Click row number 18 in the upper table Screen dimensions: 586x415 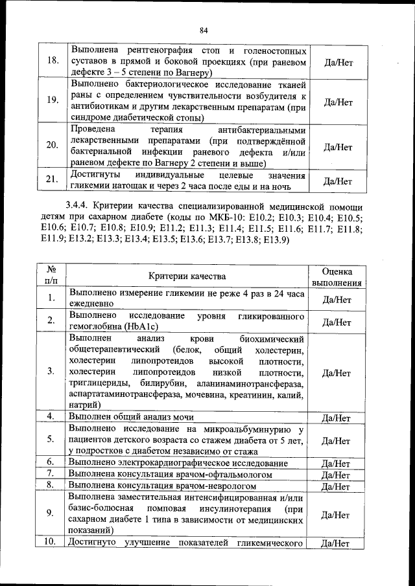point(50,62)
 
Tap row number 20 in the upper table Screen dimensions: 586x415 point(51,146)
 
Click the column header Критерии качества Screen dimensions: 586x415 point(187,276)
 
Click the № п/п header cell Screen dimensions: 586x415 point(51,276)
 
